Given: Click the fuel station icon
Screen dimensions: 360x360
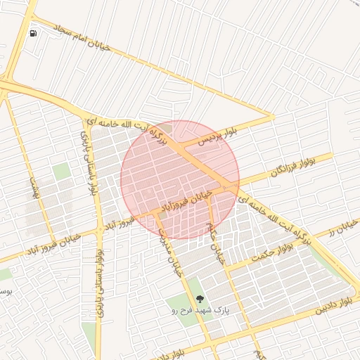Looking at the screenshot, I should [33, 33].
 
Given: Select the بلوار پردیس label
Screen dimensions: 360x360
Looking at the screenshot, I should [217, 133].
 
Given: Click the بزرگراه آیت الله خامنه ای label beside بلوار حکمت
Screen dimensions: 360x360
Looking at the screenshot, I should [275, 219].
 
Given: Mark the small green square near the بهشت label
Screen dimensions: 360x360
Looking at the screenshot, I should [62, 171].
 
